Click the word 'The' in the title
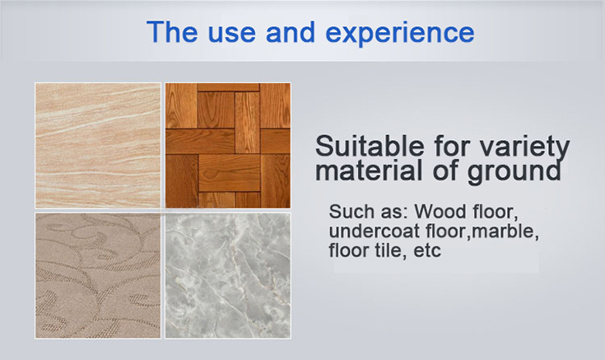pos(172,31)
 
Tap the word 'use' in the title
pos(231,34)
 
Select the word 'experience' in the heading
pos(400,34)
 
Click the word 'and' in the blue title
pos(290,31)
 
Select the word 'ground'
pos(514,172)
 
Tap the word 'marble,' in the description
pos(505,231)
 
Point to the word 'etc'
pos(427,251)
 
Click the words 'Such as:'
pos(369,211)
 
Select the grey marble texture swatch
pos(228,276)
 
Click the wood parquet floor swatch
pos(228,146)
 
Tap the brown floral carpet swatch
pos(98,276)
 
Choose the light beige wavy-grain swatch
pos(98,146)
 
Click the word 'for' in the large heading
pos(452,145)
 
